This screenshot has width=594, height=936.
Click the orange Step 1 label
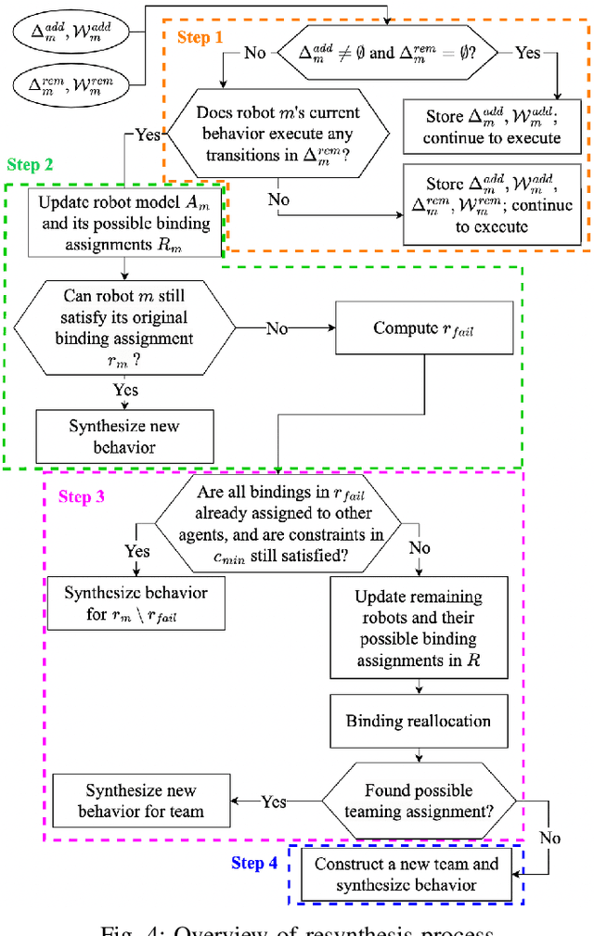click(200, 38)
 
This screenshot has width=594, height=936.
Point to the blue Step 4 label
click(254, 864)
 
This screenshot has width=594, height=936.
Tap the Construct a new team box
click(406, 874)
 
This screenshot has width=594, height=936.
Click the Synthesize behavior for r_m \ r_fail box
click(136, 603)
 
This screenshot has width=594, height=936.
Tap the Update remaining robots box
click(419, 627)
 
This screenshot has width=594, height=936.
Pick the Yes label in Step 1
click(527, 53)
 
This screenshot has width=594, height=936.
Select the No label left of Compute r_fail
click(278, 327)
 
